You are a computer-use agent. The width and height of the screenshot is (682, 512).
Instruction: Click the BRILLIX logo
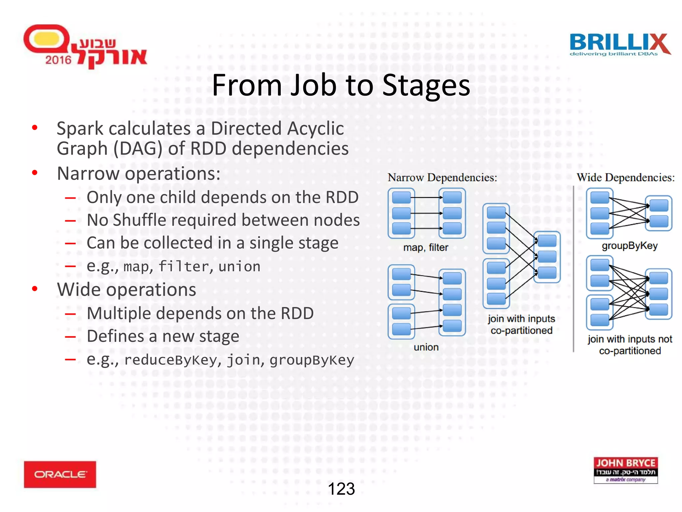click(x=619, y=44)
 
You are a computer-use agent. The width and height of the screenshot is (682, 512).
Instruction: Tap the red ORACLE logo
click(x=60, y=474)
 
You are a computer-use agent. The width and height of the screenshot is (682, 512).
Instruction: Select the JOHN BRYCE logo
click(x=625, y=470)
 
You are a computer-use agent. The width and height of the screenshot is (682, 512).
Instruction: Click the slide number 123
click(x=341, y=489)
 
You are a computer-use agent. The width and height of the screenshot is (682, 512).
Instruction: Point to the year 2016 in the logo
click(x=58, y=60)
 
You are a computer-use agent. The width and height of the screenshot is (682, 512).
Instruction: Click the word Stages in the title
click(x=426, y=86)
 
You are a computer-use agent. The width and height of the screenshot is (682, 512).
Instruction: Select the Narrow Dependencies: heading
click(x=442, y=177)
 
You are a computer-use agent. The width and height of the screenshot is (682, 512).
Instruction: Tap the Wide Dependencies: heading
click(x=625, y=177)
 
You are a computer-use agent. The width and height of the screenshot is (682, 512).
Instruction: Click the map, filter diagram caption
click(x=426, y=247)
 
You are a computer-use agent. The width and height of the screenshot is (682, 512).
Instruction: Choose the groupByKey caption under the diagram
click(x=629, y=246)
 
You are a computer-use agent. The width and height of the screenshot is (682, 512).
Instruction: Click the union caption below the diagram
click(x=426, y=347)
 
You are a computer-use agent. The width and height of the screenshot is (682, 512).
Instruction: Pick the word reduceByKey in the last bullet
click(x=170, y=360)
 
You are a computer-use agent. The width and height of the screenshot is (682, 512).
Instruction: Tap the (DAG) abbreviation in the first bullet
click(x=138, y=148)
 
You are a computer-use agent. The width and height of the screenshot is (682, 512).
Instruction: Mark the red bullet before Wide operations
click(x=35, y=289)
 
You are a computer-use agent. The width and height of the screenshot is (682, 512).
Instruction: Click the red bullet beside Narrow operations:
click(x=35, y=173)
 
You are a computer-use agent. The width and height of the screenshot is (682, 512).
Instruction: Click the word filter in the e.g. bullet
click(x=183, y=266)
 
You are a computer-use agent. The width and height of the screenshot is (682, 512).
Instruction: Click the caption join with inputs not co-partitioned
click(x=629, y=345)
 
